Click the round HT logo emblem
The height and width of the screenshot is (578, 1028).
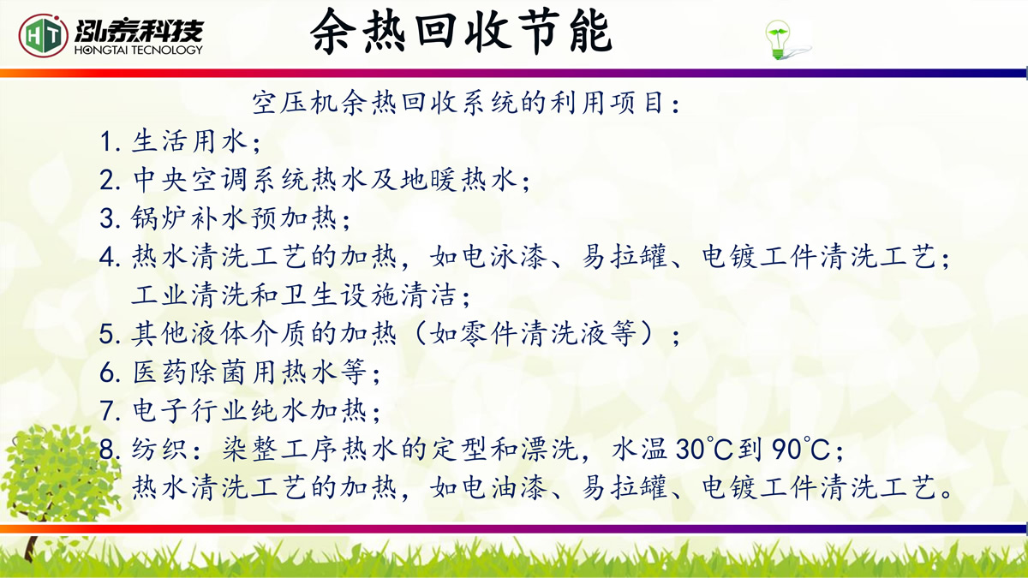point(43,35)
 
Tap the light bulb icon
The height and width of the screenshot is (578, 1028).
point(778,40)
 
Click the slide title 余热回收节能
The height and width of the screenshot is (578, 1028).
point(461,32)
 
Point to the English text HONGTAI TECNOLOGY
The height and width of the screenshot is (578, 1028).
point(138,50)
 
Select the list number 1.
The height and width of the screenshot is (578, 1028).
point(106,141)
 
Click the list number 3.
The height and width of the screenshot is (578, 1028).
point(107,218)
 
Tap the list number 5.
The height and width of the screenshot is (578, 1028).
point(107,334)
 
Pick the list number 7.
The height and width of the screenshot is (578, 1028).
point(107,410)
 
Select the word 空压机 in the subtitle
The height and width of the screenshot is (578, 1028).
point(294,102)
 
